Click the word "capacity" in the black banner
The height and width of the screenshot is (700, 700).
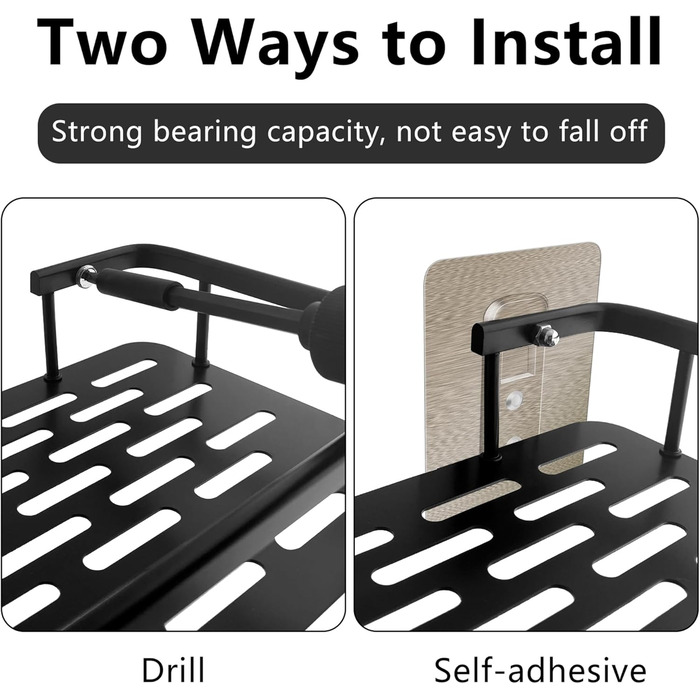click(x=325, y=133)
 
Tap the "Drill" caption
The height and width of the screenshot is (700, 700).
click(x=174, y=669)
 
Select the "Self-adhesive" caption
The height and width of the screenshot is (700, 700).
click(x=540, y=670)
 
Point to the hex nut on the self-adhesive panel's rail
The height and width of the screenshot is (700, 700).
click(x=546, y=335)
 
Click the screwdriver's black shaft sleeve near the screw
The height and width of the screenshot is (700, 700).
click(x=137, y=288)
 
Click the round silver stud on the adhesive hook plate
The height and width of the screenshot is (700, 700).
click(x=513, y=400)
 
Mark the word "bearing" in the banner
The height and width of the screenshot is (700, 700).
click(x=205, y=133)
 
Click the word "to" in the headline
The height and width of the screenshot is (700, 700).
click(x=414, y=45)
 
